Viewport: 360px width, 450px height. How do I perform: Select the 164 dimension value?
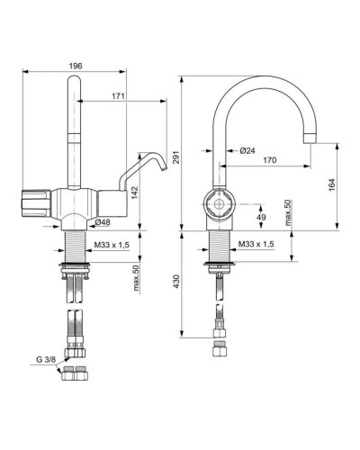331,184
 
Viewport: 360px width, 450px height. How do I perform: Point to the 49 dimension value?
261,216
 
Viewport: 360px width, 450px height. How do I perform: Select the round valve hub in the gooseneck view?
218,206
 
